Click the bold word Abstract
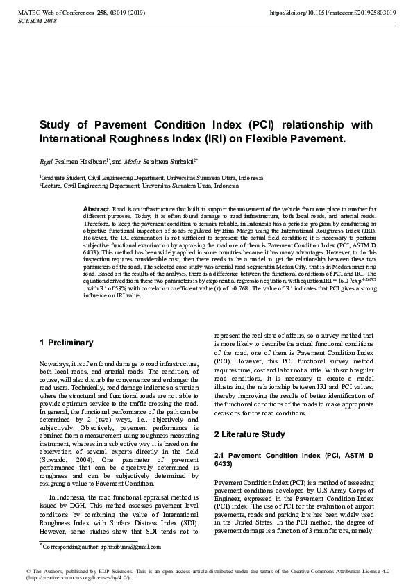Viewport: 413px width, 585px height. pyautogui.click(x=96, y=208)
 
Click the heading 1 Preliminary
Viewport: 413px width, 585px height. pyautogui.click(x=67, y=342)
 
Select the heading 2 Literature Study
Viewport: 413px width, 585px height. pyautogui.click(x=249, y=434)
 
